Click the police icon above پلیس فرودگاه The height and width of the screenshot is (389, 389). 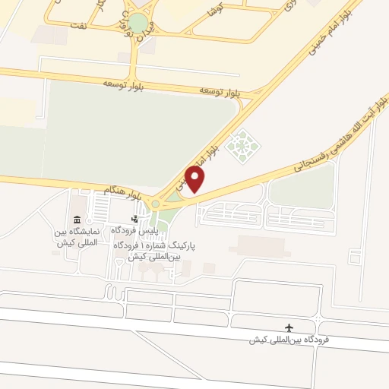point(135,220)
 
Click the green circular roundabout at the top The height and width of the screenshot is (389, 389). point(138,23)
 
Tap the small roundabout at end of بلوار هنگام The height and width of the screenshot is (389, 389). point(155,203)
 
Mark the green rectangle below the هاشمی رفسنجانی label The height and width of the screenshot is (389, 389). point(302,185)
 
